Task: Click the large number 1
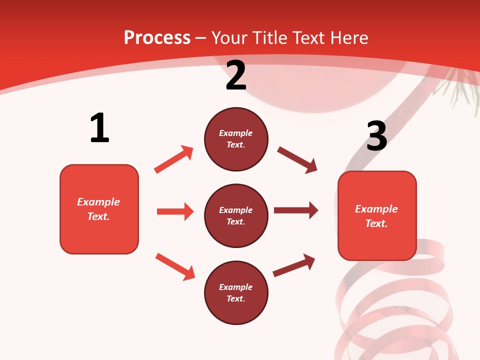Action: [99, 128]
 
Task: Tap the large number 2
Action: [236, 76]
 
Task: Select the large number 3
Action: [376, 136]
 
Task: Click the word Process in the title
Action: [157, 38]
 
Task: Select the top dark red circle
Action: [236, 139]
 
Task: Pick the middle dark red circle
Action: [236, 215]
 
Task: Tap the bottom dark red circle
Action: [236, 292]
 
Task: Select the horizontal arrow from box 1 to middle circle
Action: [175, 211]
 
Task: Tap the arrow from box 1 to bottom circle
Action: [175, 266]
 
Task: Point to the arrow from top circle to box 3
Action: [297, 160]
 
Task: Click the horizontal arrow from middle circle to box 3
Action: [295, 210]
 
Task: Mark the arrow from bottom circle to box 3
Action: [294, 265]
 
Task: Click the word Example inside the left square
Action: [98, 202]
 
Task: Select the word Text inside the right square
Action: [375, 223]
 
